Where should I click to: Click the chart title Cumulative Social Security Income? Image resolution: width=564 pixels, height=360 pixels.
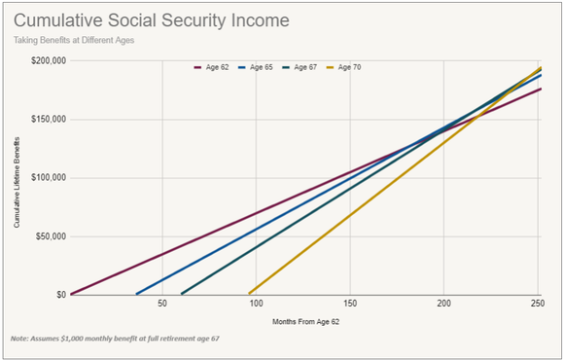[151, 20]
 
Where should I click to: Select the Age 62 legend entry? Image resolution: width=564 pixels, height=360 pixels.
[216, 68]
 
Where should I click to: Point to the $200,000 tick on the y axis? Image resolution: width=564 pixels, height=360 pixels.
[46, 60]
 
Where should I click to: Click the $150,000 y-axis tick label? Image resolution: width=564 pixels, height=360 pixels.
[46, 119]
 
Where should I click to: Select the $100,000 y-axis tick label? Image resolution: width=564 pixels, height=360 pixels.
[46, 177]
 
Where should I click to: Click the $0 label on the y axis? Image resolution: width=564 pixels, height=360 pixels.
[59, 294]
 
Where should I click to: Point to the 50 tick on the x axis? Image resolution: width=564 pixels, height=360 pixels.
[163, 304]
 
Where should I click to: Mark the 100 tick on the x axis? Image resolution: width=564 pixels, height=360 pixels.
[257, 304]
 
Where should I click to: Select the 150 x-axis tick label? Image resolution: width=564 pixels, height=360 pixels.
[350, 304]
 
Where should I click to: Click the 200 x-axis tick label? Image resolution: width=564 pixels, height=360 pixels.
[444, 304]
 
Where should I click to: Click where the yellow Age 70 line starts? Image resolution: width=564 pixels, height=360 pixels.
[250, 293]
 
